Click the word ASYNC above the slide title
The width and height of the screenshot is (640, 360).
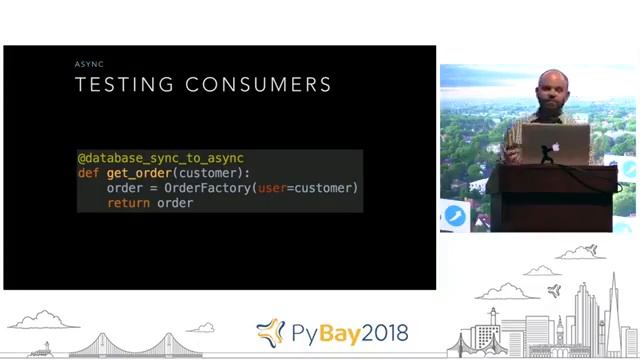(89, 64)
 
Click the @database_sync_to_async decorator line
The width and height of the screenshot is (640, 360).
(161, 158)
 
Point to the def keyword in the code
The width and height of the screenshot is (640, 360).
(88, 173)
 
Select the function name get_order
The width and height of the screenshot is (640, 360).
(139, 173)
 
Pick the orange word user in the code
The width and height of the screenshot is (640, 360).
(272, 188)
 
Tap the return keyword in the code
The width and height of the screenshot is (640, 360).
(128, 203)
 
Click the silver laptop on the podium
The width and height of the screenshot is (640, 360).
(556, 143)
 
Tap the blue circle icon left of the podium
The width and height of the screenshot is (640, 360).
(455, 215)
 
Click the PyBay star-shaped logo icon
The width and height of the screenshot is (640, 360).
(270, 332)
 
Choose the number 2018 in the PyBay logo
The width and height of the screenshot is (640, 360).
(379, 332)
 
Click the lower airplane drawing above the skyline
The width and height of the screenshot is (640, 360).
(555, 291)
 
